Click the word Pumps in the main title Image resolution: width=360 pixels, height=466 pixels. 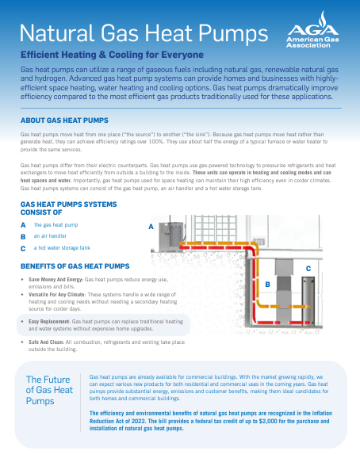pyautogui.click(x=233, y=33)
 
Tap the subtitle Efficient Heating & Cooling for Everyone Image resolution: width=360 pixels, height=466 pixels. pyautogui.click(x=112, y=55)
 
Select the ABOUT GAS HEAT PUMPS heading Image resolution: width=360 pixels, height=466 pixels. pyautogui.click(x=64, y=120)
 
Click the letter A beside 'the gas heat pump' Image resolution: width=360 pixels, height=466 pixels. pyautogui.click(x=23, y=225)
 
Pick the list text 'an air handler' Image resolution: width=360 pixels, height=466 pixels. pyautogui.click(x=50, y=236)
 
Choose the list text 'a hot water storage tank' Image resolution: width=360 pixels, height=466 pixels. pyautogui.click(x=62, y=248)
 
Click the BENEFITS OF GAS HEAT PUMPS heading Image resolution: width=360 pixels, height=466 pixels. pyautogui.click(x=75, y=266)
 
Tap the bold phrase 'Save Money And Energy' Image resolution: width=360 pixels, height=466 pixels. pyautogui.click(x=56, y=280)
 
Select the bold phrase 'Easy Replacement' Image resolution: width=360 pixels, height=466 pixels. pyautogui.click(x=49, y=322)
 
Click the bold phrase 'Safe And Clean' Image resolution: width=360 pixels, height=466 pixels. pyautogui.click(x=46, y=342)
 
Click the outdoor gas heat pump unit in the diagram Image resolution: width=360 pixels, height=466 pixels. pyautogui.click(x=171, y=237)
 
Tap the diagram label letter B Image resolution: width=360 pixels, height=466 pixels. pyautogui.click(x=267, y=285)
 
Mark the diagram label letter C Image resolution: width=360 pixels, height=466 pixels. pyautogui.click(x=308, y=269)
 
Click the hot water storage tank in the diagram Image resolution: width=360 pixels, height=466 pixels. pyautogui.click(x=308, y=300)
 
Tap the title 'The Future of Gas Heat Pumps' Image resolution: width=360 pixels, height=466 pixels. pyautogui.click(x=49, y=390)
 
